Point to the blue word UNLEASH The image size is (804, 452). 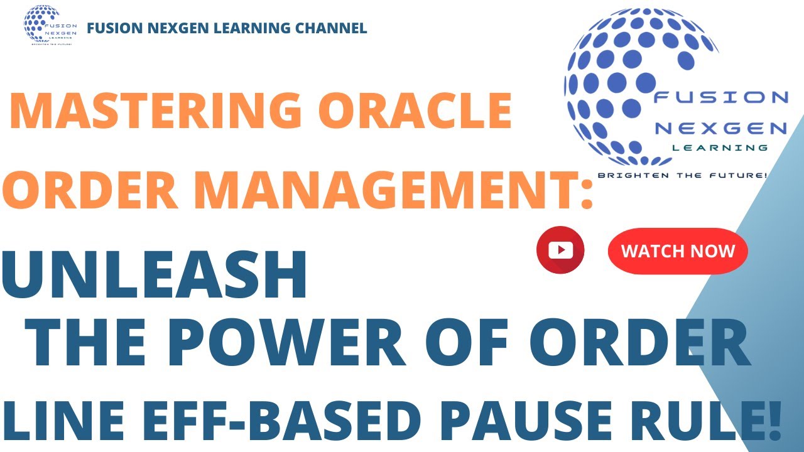[x=155, y=276]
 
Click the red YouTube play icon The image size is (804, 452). [x=560, y=250]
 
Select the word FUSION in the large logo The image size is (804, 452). [x=720, y=97]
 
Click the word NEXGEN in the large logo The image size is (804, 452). [x=720, y=129]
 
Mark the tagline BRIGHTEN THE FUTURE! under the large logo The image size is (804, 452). [x=682, y=175]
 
